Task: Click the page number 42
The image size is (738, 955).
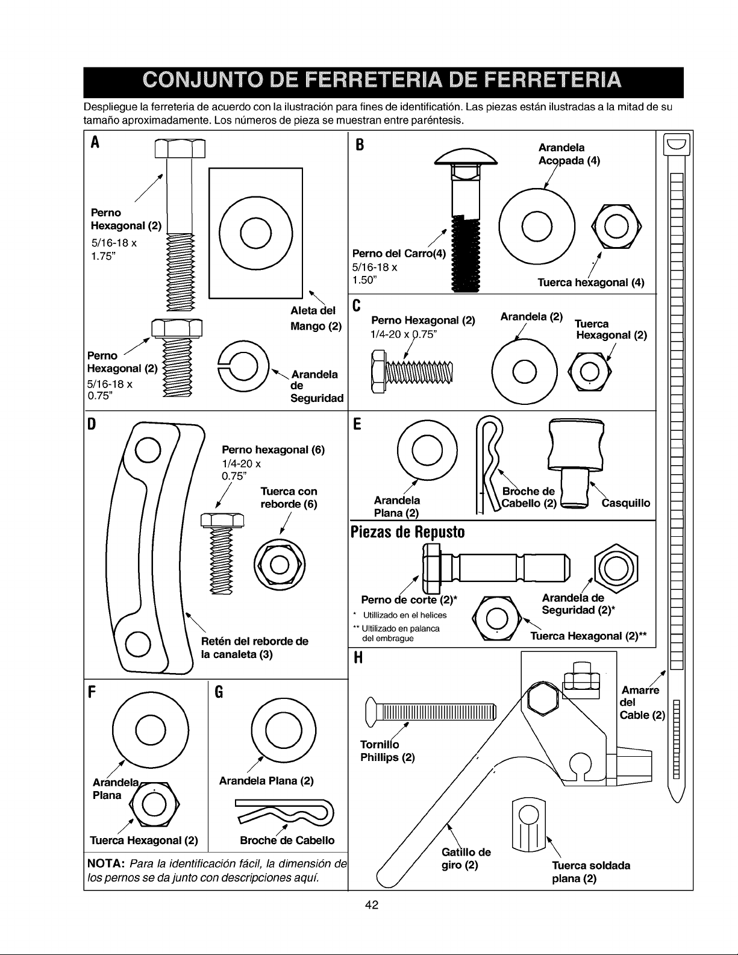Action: coord(372,905)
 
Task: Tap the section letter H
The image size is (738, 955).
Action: coord(358,658)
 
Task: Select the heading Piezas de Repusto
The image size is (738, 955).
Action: coord(408,532)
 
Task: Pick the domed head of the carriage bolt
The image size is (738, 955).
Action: coord(466,157)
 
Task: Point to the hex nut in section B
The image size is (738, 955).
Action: coord(616,227)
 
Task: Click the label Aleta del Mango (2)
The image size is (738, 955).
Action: coord(316,318)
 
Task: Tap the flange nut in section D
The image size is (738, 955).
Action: coord(280,565)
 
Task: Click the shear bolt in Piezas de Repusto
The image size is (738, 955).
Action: coord(496,568)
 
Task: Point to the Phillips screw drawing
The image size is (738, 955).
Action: coord(431,712)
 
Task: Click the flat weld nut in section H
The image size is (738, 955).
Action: coord(528,825)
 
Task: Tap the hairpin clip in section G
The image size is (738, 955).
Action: coord(284,811)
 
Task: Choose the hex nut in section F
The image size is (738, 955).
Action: coord(154,805)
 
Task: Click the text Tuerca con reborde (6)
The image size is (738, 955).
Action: coord(289,498)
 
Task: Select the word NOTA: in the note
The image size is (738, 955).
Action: coord(106,863)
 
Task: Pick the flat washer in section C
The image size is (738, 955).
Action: coord(525,372)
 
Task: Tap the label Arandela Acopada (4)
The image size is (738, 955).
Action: coord(569,154)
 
